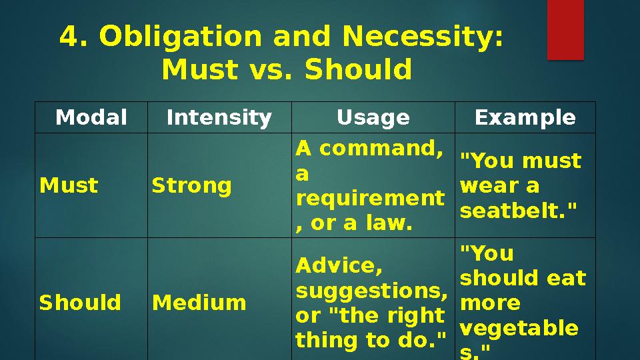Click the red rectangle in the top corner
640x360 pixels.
(x=565, y=29)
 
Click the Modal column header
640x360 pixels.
(x=91, y=118)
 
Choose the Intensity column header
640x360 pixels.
(x=219, y=118)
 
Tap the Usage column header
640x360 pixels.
(x=373, y=118)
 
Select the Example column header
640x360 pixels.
(x=525, y=118)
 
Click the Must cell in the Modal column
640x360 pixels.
(x=69, y=185)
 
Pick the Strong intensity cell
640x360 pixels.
(x=192, y=185)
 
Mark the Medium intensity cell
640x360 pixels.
(x=199, y=303)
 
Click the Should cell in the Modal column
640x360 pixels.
(x=80, y=303)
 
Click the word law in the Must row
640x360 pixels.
(x=390, y=224)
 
